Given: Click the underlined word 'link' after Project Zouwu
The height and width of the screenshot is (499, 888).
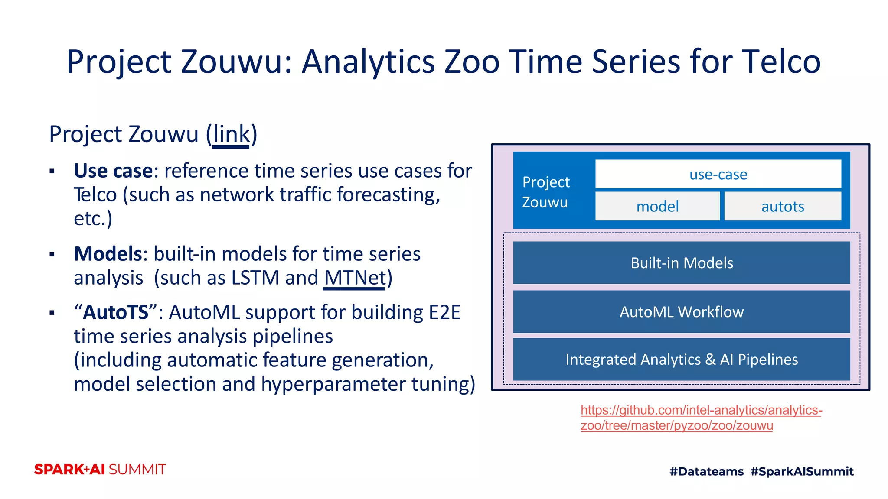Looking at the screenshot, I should point(231,135).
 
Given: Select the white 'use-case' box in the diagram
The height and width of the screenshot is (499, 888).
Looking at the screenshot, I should point(718,174).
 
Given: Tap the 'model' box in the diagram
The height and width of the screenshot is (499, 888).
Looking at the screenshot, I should point(657,206).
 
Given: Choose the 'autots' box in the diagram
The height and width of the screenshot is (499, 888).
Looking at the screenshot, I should point(783,206).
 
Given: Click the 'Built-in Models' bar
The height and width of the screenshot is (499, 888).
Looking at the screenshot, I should point(682,263).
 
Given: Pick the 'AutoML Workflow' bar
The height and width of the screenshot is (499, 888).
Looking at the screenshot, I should point(682,312).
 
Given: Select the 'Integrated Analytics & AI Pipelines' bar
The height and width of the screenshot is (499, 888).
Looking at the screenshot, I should point(682,360).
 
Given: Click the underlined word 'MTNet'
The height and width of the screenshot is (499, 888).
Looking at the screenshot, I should point(355,278).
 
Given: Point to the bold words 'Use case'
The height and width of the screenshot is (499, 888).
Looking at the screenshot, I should point(113,171).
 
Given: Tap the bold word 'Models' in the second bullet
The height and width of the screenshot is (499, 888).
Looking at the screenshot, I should point(108,254).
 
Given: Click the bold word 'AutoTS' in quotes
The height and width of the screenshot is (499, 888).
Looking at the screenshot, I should point(115,312).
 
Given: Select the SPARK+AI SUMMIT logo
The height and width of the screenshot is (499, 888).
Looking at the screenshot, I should point(100,470).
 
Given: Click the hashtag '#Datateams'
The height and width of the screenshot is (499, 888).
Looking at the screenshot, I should point(706,471).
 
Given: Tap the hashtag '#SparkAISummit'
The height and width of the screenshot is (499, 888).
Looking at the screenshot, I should point(802,471).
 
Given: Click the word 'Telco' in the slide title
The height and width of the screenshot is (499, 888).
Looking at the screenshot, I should point(781,62).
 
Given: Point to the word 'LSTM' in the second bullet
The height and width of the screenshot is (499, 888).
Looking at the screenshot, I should point(255,278).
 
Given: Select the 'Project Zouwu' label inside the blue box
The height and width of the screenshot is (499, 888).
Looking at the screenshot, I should point(545,192).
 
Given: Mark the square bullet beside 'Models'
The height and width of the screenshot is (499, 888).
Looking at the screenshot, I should point(52,254).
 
